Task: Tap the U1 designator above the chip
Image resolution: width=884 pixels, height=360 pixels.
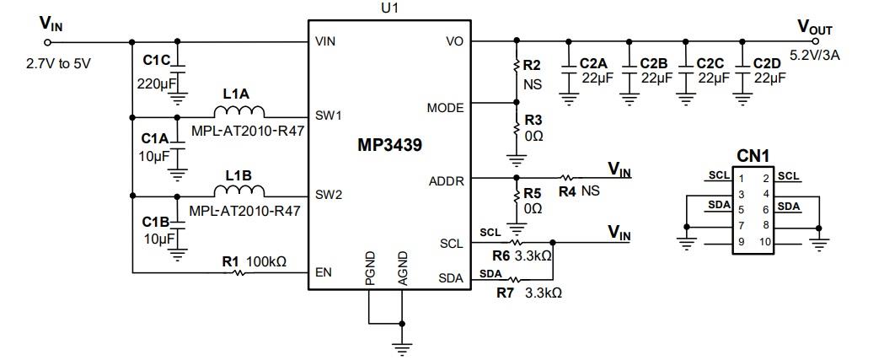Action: (390, 8)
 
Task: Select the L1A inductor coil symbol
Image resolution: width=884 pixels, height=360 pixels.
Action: (239, 112)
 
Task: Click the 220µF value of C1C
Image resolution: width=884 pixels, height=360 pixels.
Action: (154, 83)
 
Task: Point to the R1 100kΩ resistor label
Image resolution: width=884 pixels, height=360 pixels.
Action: (254, 261)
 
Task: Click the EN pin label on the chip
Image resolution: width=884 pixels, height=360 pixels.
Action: (324, 272)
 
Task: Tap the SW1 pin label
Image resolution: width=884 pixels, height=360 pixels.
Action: (328, 116)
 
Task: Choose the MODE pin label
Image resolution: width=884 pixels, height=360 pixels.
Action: (445, 108)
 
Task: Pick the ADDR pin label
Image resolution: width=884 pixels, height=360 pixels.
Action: (446, 180)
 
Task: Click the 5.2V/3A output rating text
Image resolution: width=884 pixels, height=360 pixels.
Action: (816, 56)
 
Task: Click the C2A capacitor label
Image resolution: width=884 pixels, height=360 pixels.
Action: (594, 63)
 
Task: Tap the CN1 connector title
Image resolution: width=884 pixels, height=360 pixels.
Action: (753, 156)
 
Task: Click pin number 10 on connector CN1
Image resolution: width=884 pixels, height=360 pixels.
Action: (765, 242)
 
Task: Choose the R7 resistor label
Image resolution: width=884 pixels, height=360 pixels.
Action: (506, 293)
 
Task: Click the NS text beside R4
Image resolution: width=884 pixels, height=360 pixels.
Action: (590, 191)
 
